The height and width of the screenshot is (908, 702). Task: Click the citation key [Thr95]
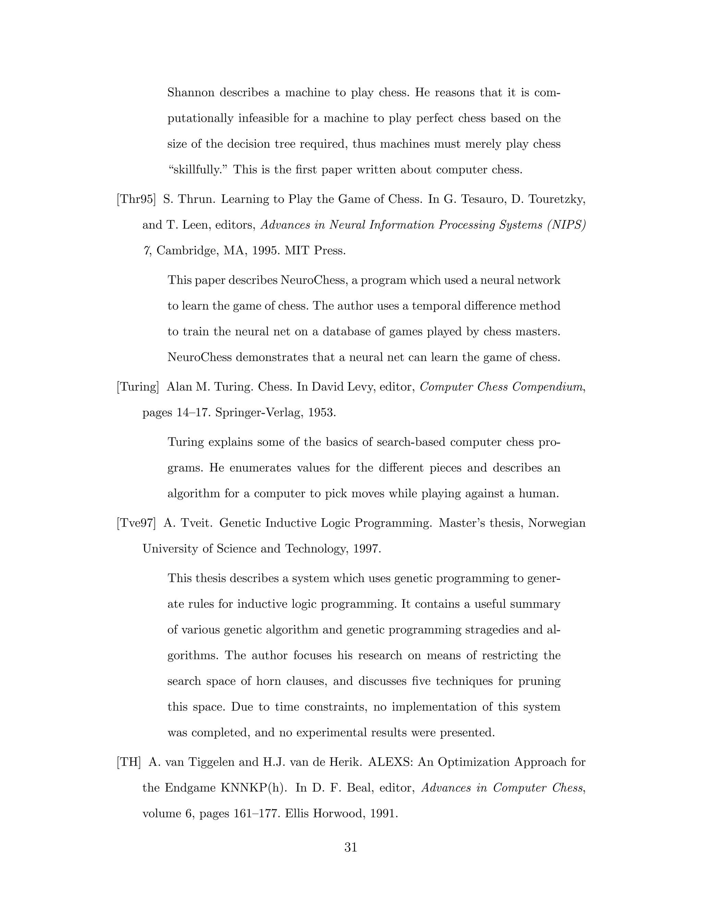pos(136,199)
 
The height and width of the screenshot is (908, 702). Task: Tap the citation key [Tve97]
pos(136,523)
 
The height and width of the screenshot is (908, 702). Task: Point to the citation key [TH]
pos(129,762)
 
